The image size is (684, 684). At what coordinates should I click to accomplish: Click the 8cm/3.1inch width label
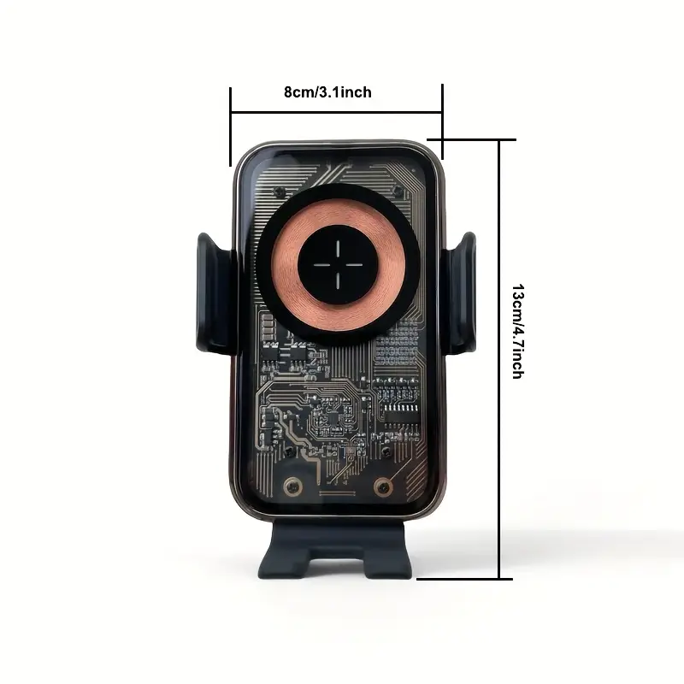(327, 92)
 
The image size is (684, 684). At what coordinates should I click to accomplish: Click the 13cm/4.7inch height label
(518, 331)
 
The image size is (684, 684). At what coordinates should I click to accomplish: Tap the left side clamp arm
(215, 293)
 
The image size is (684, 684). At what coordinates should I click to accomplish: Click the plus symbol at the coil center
(338, 265)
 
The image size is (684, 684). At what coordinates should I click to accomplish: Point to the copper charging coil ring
(338, 264)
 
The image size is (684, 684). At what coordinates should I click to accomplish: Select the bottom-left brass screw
(292, 486)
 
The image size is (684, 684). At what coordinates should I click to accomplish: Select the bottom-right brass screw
(383, 486)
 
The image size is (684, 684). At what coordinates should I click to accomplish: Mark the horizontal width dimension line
(336, 113)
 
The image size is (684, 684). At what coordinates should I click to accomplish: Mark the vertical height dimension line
(499, 359)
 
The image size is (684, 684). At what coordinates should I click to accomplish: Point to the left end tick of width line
(230, 127)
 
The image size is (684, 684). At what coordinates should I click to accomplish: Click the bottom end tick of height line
(464, 579)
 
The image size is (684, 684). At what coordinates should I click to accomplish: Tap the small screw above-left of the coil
(279, 191)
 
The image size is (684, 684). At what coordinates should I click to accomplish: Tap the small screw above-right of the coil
(398, 190)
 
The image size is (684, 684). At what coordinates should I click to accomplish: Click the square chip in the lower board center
(333, 420)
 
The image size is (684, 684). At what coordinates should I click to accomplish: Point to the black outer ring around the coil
(338, 264)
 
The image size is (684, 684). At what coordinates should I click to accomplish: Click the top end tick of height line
(472, 139)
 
